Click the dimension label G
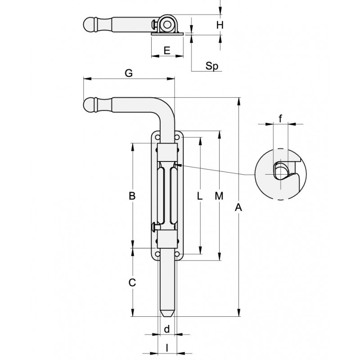[129, 74]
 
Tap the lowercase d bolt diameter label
[166, 329]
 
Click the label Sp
[211, 66]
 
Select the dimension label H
[220, 25]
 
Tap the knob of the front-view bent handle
[90, 104]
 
